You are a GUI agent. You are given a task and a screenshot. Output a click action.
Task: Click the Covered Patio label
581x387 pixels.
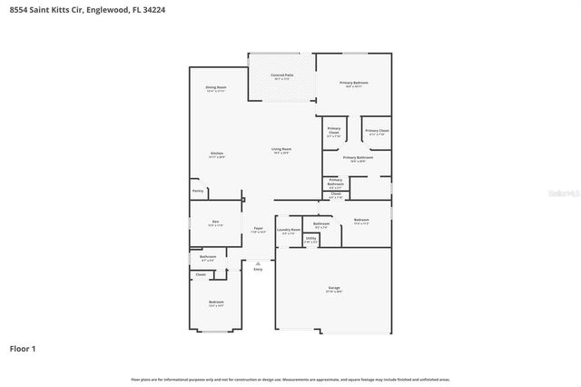click(x=282, y=76)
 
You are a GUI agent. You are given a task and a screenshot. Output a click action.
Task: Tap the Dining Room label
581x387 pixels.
click(x=216, y=88)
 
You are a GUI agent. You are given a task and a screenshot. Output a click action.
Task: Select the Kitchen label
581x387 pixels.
click(x=217, y=154)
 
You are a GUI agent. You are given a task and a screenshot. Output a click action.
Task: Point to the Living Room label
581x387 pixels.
click(x=281, y=150)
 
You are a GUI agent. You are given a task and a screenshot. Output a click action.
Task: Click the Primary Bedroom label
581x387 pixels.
click(x=353, y=84)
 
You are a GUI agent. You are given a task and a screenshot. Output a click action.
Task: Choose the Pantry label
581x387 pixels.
click(x=197, y=191)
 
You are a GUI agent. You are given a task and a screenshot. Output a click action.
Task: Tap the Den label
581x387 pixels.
click(x=216, y=223)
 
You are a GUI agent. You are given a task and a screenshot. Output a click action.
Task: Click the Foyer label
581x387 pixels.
click(x=258, y=230)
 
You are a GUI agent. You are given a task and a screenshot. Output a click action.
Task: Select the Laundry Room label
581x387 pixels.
click(x=289, y=231)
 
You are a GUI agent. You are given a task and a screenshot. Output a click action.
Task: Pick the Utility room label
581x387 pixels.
click(x=310, y=241)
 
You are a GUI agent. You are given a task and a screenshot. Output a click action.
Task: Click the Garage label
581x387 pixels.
click(x=334, y=289)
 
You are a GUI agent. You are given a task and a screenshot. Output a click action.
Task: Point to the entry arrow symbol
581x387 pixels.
click(x=258, y=263)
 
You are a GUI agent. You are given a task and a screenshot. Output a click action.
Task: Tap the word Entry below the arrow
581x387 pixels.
click(x=258, y=270)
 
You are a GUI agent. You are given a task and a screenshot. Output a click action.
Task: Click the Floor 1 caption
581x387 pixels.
click(x=23, y=348)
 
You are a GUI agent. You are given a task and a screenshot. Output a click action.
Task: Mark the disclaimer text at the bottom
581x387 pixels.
click(x=290, y=379)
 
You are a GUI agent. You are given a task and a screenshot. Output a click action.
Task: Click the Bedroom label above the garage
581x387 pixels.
click(x=361, y=221)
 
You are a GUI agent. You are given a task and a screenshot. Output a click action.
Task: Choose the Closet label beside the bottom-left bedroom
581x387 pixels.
click(x=201, y=274)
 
